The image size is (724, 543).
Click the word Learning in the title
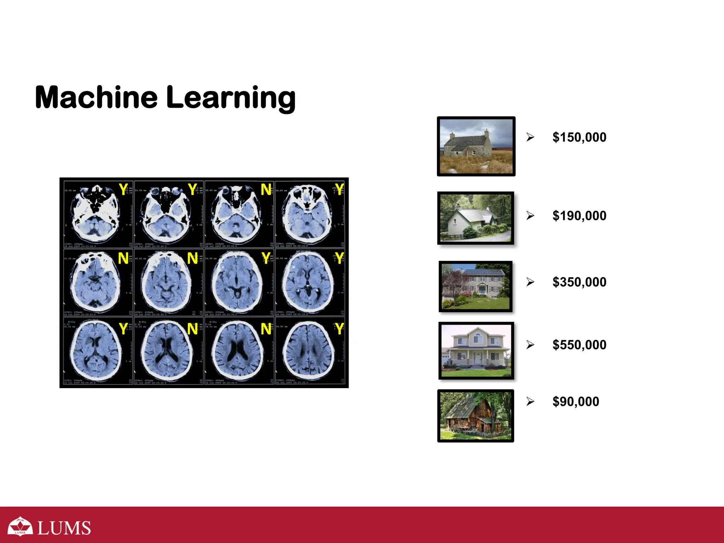pyautogui.click(x=230, y=98)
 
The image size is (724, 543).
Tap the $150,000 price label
pyautogui.click(x=579, y=137)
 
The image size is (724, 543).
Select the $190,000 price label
pyautogui.click(x=579, y=216)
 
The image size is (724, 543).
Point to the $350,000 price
pyautogui.click(x=579, y=282)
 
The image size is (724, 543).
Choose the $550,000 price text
pyautogui.click(x=579, y=345)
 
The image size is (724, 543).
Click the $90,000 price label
pyautogui.click(x=576, y=402)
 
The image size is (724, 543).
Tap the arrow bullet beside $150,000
pyautogui.click(x=530, y=137)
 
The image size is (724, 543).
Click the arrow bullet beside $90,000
pyautogui.click(x=530, y=402)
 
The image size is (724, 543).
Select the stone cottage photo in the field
pyautogui.click(x=476, y=146)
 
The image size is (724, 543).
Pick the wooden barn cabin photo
pyautogui.click(x=475, y=416)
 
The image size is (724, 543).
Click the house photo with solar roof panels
pyautogui.click(x=475, y=286)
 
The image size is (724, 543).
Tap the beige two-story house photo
pyautogui.click(x=476, y=351)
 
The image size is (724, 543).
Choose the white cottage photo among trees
pyautogui.click(x=475, y=218)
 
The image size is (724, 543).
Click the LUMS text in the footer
pyautogui.click(x=64, y=528)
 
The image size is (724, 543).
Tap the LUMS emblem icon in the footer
pyautogui.click(x=20, y=526)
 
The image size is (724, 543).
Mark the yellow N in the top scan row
pyautogui.click(x=266, y=190)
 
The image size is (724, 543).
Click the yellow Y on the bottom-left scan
pyautogui.click(x=123, y=329)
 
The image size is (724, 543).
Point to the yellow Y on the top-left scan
pyautogui.click(x=123, y=189)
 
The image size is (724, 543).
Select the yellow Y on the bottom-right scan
pyautogui.click(x=339, y=329)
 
